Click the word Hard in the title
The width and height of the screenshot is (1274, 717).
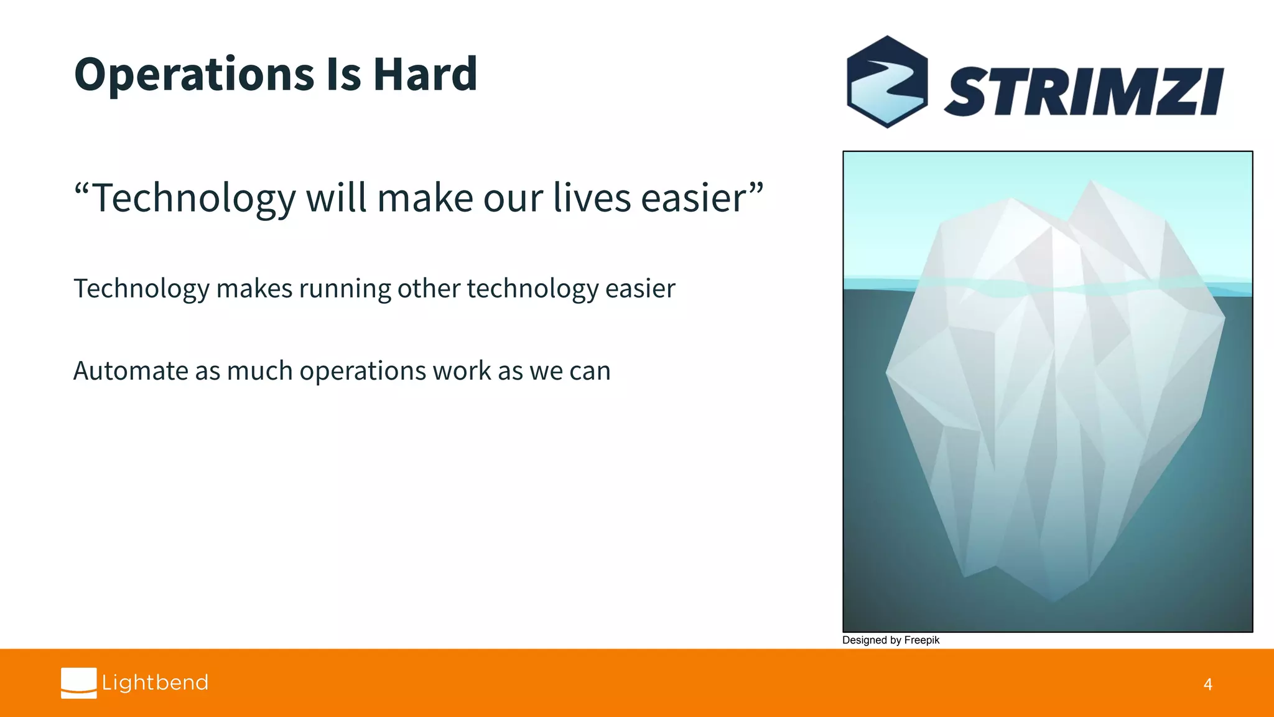click(425, 74)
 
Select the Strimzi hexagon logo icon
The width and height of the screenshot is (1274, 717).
click(887, 82)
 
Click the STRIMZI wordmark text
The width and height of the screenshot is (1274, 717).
click(1084, 91)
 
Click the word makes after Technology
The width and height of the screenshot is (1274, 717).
click(254, 289)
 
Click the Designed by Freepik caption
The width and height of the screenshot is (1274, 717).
click(890, 640)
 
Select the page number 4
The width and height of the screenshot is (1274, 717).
click(1207, 685)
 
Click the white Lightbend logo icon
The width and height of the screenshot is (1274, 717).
click(78, 683)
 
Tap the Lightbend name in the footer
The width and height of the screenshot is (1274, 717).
click(155, 683)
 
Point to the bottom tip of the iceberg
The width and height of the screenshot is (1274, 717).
click(1053, 601)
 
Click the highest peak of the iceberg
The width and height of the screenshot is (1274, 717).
click(1091, 181)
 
